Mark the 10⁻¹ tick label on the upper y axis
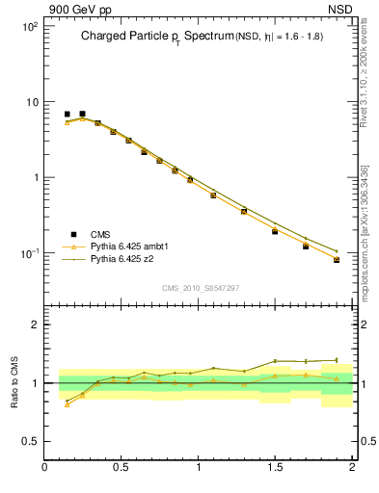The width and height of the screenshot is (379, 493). coord(28,253)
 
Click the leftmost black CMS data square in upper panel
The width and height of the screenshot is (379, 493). coord(67,114)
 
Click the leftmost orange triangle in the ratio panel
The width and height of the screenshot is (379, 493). coord(67,404)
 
